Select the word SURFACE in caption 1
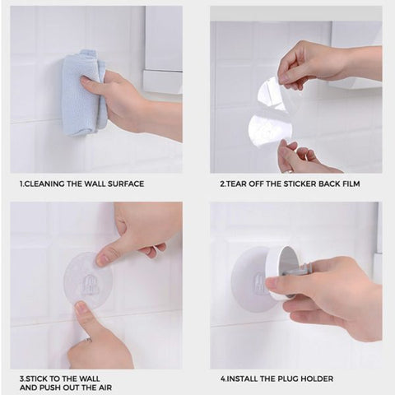pyautogui.click(x=125, y=184)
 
